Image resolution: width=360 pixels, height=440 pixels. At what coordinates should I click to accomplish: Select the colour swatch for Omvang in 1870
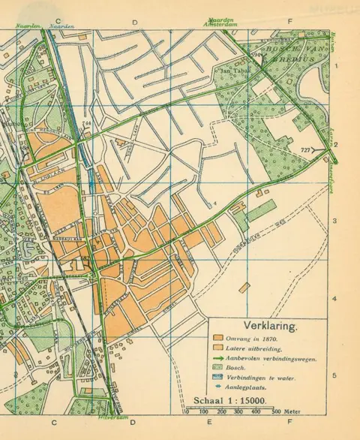click(218, 338)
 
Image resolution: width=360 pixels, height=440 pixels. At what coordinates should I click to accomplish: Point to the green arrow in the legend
click(218, 358)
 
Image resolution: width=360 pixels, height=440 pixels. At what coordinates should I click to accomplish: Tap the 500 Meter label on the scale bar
click(282, 412)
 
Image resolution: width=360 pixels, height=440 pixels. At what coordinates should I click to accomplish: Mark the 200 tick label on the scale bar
click(221, 412)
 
